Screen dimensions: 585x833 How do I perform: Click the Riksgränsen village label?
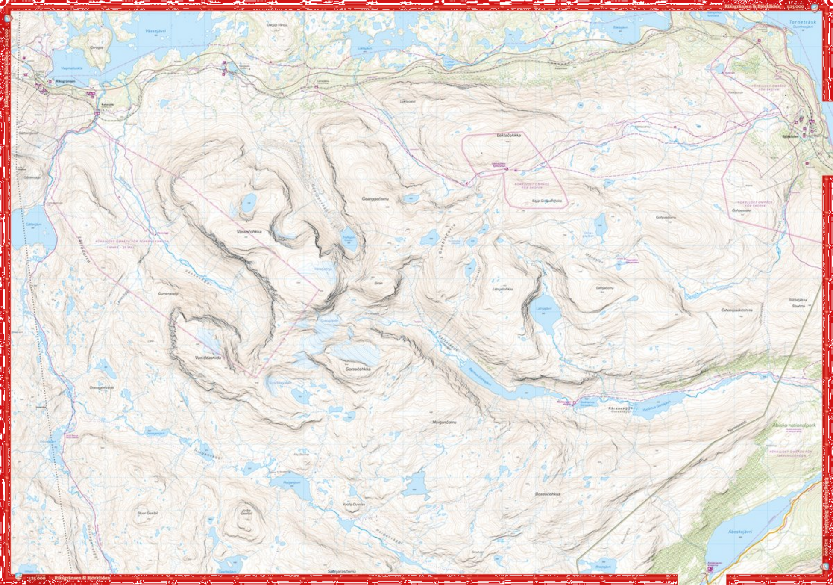[x=65, y=81]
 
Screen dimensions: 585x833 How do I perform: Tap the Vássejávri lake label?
[x=155, y=31]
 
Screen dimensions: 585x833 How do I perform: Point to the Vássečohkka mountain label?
[x=249, y=231]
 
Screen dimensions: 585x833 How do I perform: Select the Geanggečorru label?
[x=375, y=199]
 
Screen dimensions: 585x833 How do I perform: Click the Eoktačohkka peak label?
[x=508, y=135]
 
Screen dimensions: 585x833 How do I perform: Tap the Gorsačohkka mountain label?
[x=358, y=369]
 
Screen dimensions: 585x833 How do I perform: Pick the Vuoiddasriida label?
[x=208, y=357]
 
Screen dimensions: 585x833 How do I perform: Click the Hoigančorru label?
[x=444, y=422]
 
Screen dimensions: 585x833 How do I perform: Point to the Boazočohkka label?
[x=547, y=494]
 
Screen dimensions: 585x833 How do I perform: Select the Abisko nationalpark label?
[x=794, y=425]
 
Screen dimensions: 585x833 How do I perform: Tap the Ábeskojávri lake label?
[x=739, y=532]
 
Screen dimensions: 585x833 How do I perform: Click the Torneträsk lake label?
[x=802, y=22]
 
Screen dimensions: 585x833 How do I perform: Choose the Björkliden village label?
[x=790, y=136]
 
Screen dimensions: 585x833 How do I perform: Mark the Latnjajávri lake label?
[x=544, y=308]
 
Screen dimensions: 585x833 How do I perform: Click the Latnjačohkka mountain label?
[x=502, y=289]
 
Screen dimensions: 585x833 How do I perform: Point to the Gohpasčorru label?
[x=666, y=217]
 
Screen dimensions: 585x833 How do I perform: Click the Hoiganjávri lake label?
[x=291, y=482]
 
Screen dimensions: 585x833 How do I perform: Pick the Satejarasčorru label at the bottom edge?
[x=341, y=571]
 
